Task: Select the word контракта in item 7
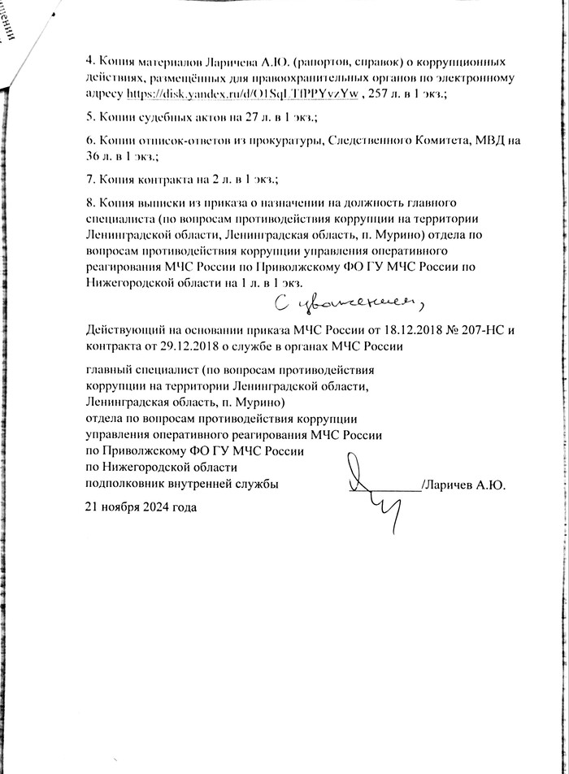click(160, 178)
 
